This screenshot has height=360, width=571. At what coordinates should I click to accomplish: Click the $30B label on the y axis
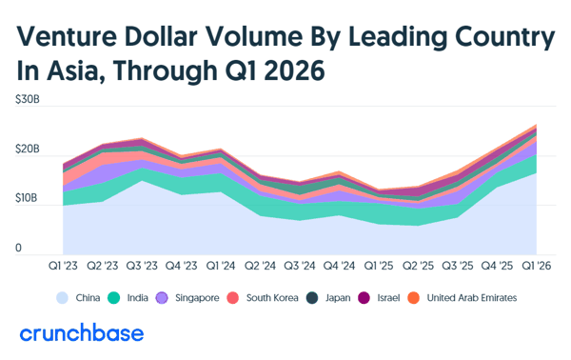point(28,99)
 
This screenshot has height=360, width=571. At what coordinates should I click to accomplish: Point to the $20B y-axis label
point(28,149)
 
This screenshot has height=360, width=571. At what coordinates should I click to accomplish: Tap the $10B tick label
point(27,198)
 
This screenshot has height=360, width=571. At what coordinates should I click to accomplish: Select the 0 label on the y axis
point(19,248)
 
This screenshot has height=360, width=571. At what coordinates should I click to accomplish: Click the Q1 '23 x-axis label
point(63,266)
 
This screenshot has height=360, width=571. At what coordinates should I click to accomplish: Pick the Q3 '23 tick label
point(142,266)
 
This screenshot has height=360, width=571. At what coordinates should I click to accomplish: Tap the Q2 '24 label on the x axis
point(260,266)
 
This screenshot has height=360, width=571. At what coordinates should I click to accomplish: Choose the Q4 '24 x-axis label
point(339,266)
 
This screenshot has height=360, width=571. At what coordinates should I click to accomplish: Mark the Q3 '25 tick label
point(458,266)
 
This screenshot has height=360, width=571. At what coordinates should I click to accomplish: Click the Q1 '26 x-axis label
point(537,266)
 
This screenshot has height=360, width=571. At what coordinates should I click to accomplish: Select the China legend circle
point(62,298)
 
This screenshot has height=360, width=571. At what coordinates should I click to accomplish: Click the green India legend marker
point(114,298)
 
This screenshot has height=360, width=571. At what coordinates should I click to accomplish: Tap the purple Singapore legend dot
point(162,298)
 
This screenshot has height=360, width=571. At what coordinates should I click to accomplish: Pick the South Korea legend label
point(272,298)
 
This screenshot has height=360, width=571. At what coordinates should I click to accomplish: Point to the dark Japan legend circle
point(312,298)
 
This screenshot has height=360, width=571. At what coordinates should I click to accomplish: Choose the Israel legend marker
point(364,298)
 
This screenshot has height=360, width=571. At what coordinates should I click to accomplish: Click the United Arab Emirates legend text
point(472,298)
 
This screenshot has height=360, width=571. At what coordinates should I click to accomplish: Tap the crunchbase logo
point(82,332)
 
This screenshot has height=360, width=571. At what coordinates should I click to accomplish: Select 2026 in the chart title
point(294,70)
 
